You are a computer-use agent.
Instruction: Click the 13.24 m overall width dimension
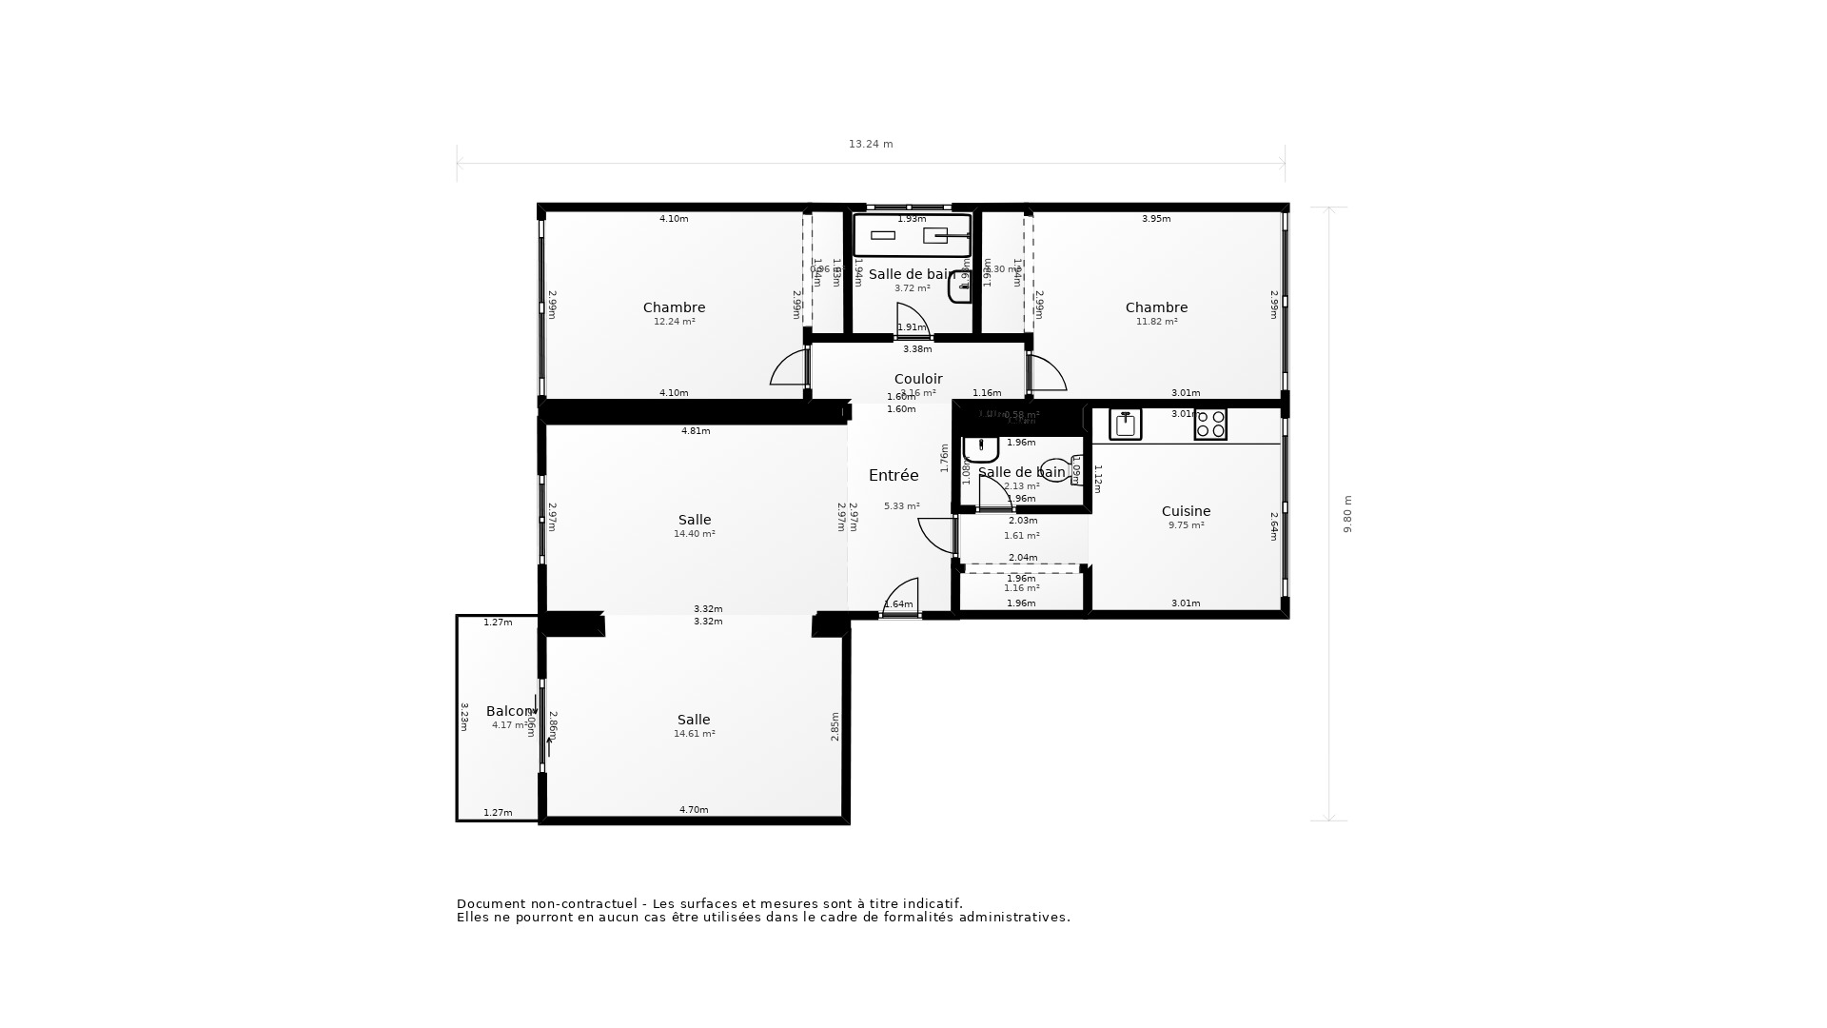(871, 145)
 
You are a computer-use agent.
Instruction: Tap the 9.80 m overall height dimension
(1347, 514)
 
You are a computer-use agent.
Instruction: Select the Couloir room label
(918, 379)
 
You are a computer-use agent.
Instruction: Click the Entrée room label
(894, 475)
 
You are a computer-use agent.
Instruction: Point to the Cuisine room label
(1186, 511)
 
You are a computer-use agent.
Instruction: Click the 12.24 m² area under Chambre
(674, 322)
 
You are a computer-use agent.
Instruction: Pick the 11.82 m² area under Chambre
(1156, 322)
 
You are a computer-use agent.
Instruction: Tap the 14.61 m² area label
(694, 734)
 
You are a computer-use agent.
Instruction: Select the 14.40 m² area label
(694, 534)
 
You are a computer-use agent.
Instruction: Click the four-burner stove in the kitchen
(1210, 425)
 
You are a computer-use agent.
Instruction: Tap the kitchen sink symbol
(1125, 425)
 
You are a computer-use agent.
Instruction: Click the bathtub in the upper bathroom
(912, 235)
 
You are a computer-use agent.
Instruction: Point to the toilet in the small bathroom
(1056, 469)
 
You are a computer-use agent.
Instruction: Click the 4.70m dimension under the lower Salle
(694, 810)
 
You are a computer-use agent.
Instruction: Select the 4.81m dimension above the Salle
(696, 431)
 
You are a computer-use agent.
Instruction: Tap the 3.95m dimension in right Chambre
(1156, 219)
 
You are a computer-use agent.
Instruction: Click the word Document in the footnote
(493, 904)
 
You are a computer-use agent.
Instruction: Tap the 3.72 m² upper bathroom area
(912, 288)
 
